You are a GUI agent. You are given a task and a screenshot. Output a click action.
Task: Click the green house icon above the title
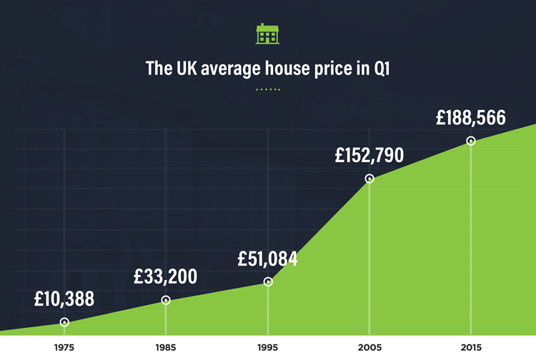click(x=268, y=34)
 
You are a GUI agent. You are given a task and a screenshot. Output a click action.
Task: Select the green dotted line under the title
click(x=268, y=89)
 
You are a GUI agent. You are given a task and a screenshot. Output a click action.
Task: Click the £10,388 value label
click(x=64, y=299)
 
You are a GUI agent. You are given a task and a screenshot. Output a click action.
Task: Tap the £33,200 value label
click(x=165, y=276)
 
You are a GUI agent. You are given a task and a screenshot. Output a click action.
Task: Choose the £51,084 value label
click(x=267, y=259)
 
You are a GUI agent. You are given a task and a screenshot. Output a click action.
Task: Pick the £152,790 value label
click(x=369, y=154)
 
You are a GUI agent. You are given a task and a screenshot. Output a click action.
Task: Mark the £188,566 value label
click(x=470, y=118)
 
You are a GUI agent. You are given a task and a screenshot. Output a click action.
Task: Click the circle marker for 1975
click(x=64, y=322)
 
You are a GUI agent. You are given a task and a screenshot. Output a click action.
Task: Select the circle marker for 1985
click(x=166, y=301)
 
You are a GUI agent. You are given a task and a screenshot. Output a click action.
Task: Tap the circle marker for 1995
click(x=268, y=282)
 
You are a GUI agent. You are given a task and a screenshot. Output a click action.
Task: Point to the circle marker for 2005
click(x=369, y=179)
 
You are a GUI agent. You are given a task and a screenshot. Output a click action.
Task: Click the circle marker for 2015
click(x=471, y=141)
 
